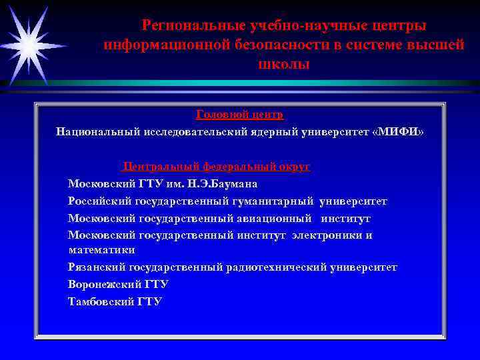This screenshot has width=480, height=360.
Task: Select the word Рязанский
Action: point(100,267)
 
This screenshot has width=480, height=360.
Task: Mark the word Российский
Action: point(100,201)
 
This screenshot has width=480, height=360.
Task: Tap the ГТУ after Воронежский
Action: point(156,284)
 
